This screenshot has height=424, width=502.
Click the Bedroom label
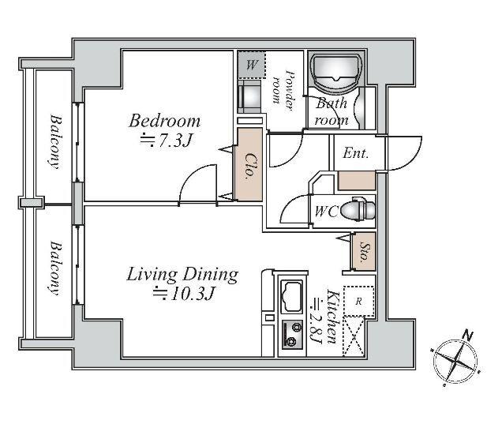click(x=164, y=121)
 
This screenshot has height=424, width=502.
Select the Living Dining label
click(x=182, y=275)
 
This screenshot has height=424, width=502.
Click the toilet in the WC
click(x=358, y=209)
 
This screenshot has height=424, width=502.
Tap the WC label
click(x=326, y=212)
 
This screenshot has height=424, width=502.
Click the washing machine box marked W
click(x=252, y=65)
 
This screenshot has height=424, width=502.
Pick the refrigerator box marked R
click(x=358, y=302)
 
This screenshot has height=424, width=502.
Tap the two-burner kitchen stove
click(x=292, y=336)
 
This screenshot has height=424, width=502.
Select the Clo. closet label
click(x=249, y=166)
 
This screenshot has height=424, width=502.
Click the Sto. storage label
click(x=365, y=252)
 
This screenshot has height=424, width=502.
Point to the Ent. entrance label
click(x=355, y=153)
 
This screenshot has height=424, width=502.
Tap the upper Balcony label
click(x=56, y=141)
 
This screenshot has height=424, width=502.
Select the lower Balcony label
click(x=57, y=268)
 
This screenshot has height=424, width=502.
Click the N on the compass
click(x=468, y=336)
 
